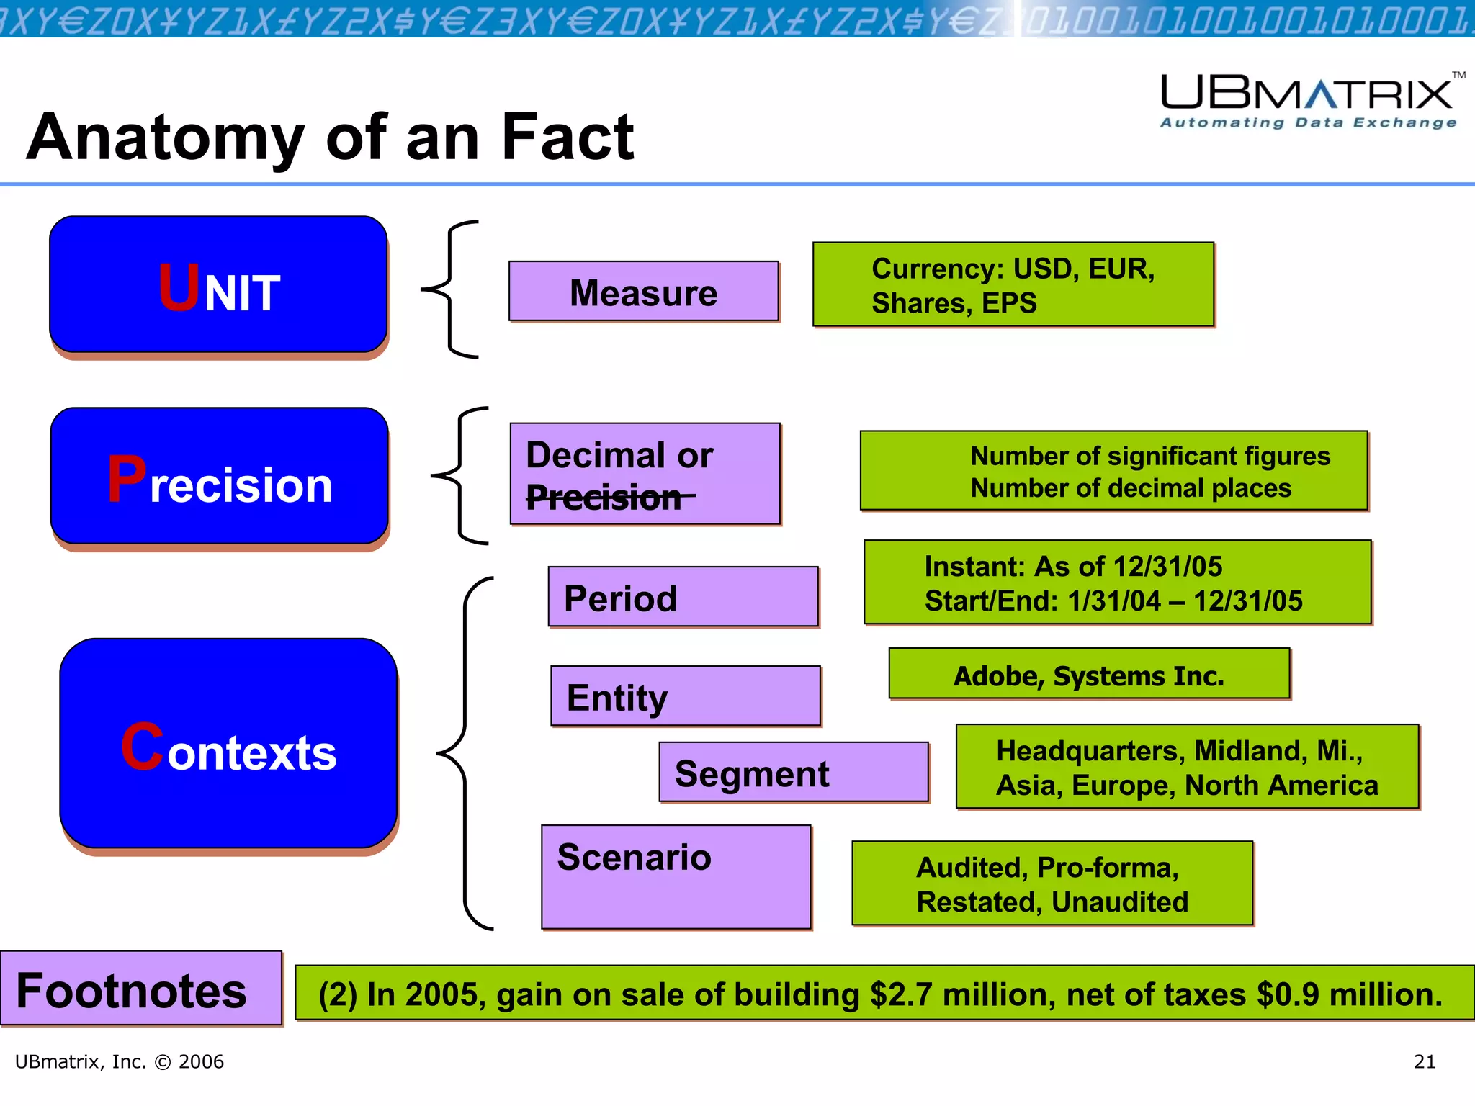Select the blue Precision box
tap(220, 476)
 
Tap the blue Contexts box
tap(228, 743)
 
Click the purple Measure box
tap(643, 291)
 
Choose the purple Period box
tap(683, 597)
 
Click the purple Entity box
tap(685, 696)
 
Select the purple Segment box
tap(793, 773)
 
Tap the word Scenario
tap(634, 857)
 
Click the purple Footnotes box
tap(141, 989)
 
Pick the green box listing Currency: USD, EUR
tap(1013, 285)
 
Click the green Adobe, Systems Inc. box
tap(1088, 675)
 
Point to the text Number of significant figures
tap(1149, 456)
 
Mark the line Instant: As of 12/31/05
tap(1073, 567)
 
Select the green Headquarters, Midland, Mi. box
tap(1186, 767)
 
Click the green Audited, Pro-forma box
tap(1052, 884)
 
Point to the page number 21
tap(1424, 1061)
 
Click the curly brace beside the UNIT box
tap(449, 289)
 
